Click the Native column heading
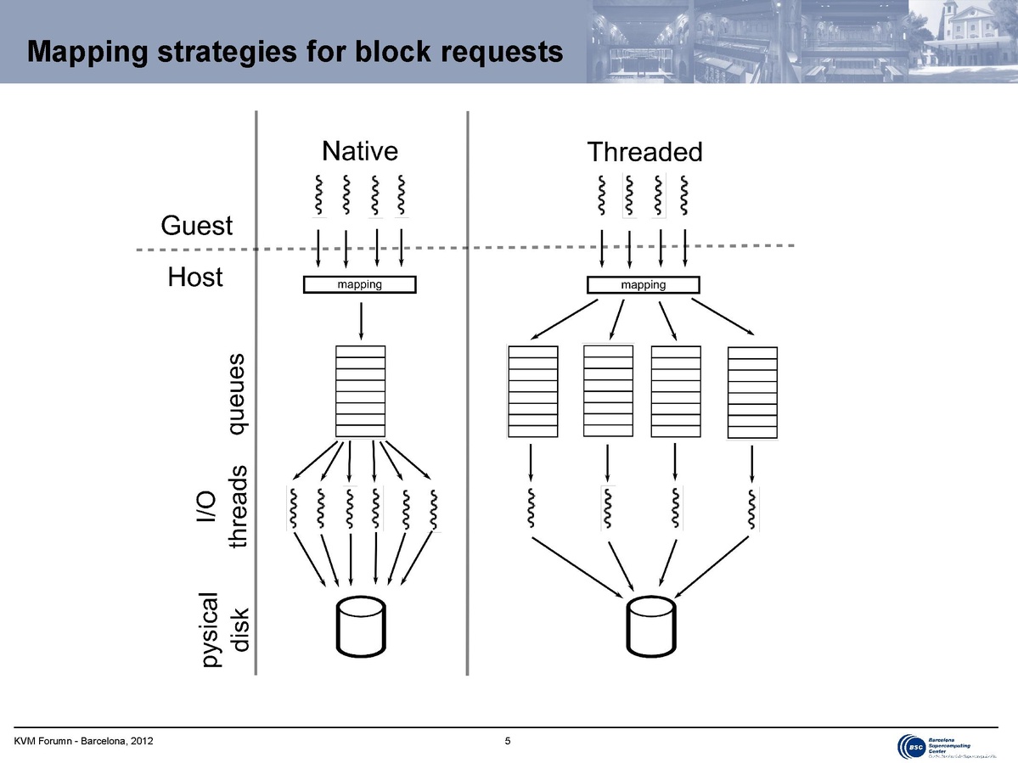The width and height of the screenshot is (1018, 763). [x=360, y=151]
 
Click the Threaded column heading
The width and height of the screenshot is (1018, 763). [x=645, y=153]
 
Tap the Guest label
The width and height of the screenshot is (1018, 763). [x=196, y=226]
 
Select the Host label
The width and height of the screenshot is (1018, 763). [x=195, y=278]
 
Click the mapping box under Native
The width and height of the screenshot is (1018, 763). [x=360, y=285]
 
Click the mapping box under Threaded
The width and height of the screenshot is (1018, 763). [x=643, y=285]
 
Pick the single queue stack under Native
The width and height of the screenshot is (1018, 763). [x=360, y=391]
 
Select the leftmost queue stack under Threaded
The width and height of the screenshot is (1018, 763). [x=532, y=391]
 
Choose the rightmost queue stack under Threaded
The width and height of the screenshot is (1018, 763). [x=752, y=394]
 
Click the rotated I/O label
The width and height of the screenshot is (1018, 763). [x=206, y=508]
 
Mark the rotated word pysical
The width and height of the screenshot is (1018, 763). [x=207, y=629]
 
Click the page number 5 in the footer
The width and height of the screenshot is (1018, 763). [x=508, y=743]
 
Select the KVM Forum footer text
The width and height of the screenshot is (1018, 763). [x=83, y=743]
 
